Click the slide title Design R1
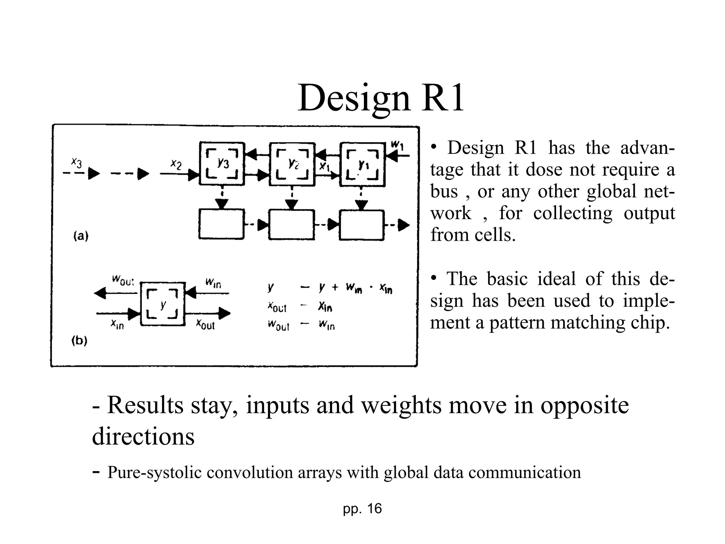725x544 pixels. (x=381, y=98)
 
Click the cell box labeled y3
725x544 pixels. (x=222, y=164)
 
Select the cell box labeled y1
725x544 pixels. (x=362, y=164)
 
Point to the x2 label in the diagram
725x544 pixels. (x=176, y=164)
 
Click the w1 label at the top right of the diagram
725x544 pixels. (x=397, y=144)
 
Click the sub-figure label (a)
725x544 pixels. (x=81, y=236)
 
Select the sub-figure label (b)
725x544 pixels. (x=79, y=341)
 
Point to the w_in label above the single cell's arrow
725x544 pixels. (x=213, y=283)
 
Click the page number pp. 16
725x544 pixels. (x=362, y=509)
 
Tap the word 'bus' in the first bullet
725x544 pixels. (x=444, y=191)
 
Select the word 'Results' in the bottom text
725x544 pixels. (x=145, y=405)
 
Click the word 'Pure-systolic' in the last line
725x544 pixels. (x=154, y=472)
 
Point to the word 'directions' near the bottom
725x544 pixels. (x=143, y=436)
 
